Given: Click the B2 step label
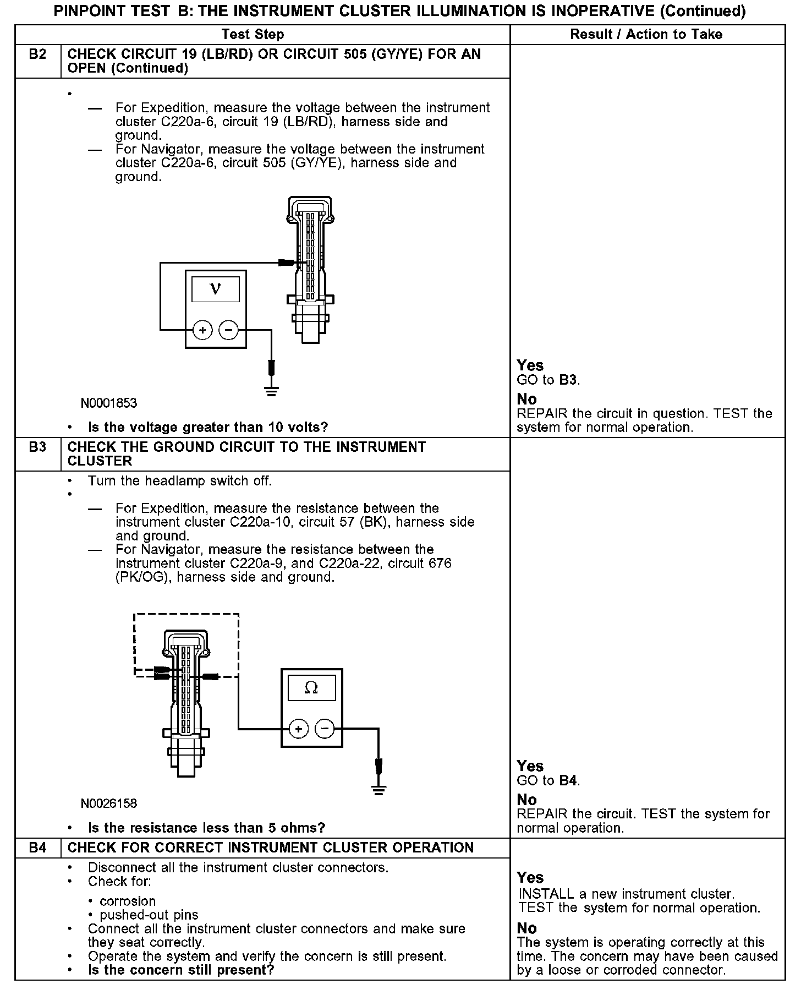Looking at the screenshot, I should point(37,54).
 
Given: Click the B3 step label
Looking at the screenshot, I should point(37,447).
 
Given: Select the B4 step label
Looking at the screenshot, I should point(37,848).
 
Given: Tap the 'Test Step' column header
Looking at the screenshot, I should point(253,35).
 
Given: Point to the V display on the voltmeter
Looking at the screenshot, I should point(216,289).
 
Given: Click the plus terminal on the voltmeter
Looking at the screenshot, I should point(202,330).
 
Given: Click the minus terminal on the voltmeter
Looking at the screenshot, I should point(228,330).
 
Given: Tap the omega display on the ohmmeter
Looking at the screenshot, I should point(311,688).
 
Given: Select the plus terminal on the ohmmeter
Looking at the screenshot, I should point(299,729).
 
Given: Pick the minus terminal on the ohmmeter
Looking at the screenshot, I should point(325,729).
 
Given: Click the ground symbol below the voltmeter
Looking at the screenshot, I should point(271,391).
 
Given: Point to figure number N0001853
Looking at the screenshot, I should point(109,403).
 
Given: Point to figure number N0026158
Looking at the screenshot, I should point(109,803).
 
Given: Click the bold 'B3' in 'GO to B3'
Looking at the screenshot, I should point(568,380).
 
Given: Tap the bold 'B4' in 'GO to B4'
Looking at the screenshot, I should point(568,780).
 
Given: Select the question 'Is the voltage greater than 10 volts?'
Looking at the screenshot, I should point(208,428).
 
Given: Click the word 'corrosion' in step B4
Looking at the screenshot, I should point(128,901).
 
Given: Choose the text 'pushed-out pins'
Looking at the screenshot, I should point(149,915).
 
